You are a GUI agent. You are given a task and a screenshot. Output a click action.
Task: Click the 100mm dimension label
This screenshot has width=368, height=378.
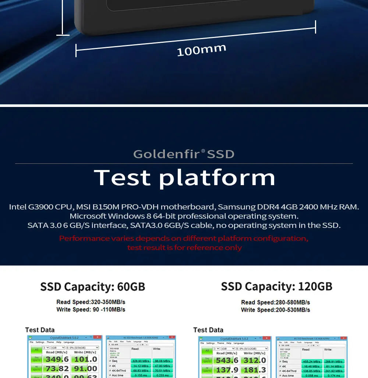pyautogui.click(x=201, y=50)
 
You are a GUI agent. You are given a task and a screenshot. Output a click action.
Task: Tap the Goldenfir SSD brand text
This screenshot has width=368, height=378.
pyautogui.click(x=184, y=154)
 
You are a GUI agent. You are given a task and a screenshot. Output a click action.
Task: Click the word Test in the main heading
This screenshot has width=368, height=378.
pyautogui.click(x=123, y=177)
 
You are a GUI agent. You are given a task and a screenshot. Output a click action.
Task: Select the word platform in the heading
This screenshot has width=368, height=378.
pyautogui.click(x=217, y=178)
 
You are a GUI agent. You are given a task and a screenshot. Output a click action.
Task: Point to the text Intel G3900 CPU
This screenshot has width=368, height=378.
pyautogui.click(x=40, y=207)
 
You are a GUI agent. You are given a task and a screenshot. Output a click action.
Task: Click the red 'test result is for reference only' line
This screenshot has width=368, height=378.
pyautogui.click(x=184, y=247)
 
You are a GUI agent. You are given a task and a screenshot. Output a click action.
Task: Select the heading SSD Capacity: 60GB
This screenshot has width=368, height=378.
pyautogui.click(x=92, y=287)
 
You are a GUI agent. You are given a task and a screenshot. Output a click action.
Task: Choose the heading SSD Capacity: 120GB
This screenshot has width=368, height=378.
pyautogui.click(x=276, y=287)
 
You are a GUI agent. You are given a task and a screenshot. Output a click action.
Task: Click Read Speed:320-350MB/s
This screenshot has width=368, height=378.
pyautogui.click(x=91, y=302)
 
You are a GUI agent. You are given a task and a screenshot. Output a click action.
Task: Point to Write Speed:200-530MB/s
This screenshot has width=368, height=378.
pyautogui.click(x=275, y=310)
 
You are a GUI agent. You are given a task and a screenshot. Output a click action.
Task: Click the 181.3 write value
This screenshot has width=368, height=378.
pyautogui.click(x=254, y=370)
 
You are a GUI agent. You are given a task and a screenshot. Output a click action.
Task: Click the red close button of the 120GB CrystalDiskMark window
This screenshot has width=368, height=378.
pyautogui.click(x=267, y=338)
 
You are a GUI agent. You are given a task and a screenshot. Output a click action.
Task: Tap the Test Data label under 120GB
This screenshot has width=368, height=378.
pyautogui.click(x=208, y=330)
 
